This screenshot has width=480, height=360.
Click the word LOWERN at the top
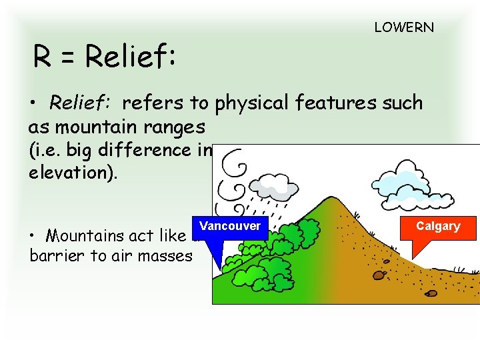pyautogui.click(x=404, y=28)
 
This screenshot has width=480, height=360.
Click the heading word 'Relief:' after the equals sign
pyautogui.click(x=131, y=58)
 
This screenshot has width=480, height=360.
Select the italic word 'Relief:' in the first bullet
pyautogui.click(x=81, y=103)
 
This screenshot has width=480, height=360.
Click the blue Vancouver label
pyautogui.click(x=230, y=226)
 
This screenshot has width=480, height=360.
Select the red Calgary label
pyautogui.click(x=438, y=226)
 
